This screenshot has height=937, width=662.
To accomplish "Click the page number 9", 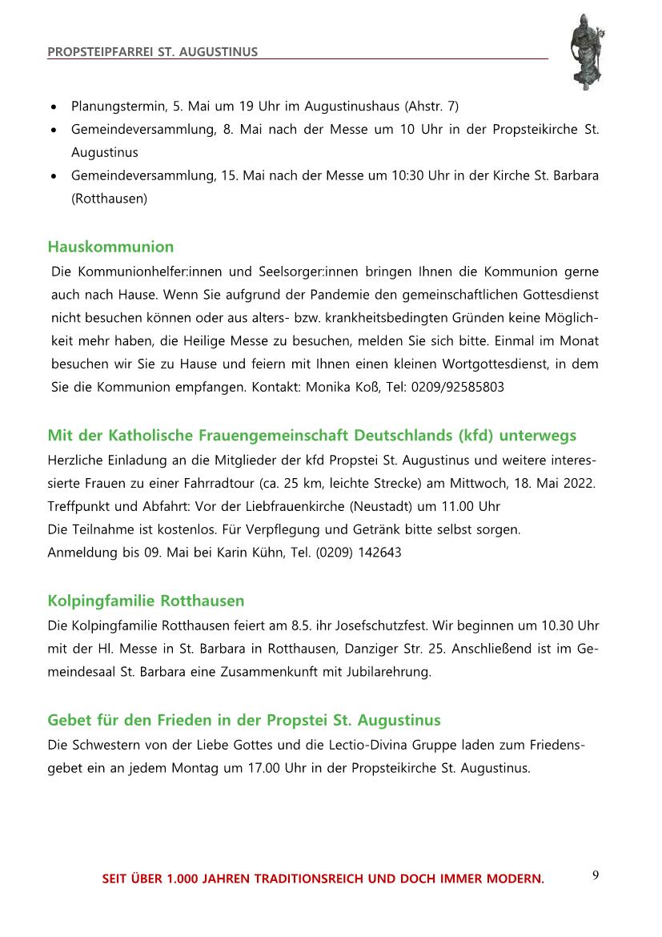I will coord(596,875).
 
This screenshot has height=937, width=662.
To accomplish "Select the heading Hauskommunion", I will coord(110,247).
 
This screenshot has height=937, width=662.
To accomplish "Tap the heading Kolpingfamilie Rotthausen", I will coord(146,601).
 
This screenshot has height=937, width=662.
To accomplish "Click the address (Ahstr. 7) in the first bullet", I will coord(431,106).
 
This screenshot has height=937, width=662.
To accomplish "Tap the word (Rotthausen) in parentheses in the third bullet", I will coord(109,199).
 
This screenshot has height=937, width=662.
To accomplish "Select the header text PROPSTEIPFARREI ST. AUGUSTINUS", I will coord(153,52).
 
